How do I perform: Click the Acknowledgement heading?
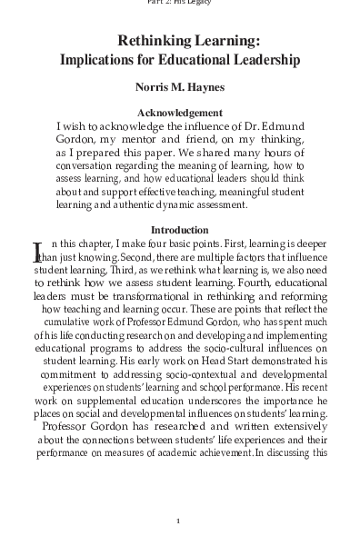180,113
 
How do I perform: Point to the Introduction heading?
179,230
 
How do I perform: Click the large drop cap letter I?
37,252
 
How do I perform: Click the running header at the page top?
179,3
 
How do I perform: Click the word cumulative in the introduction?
73,322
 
